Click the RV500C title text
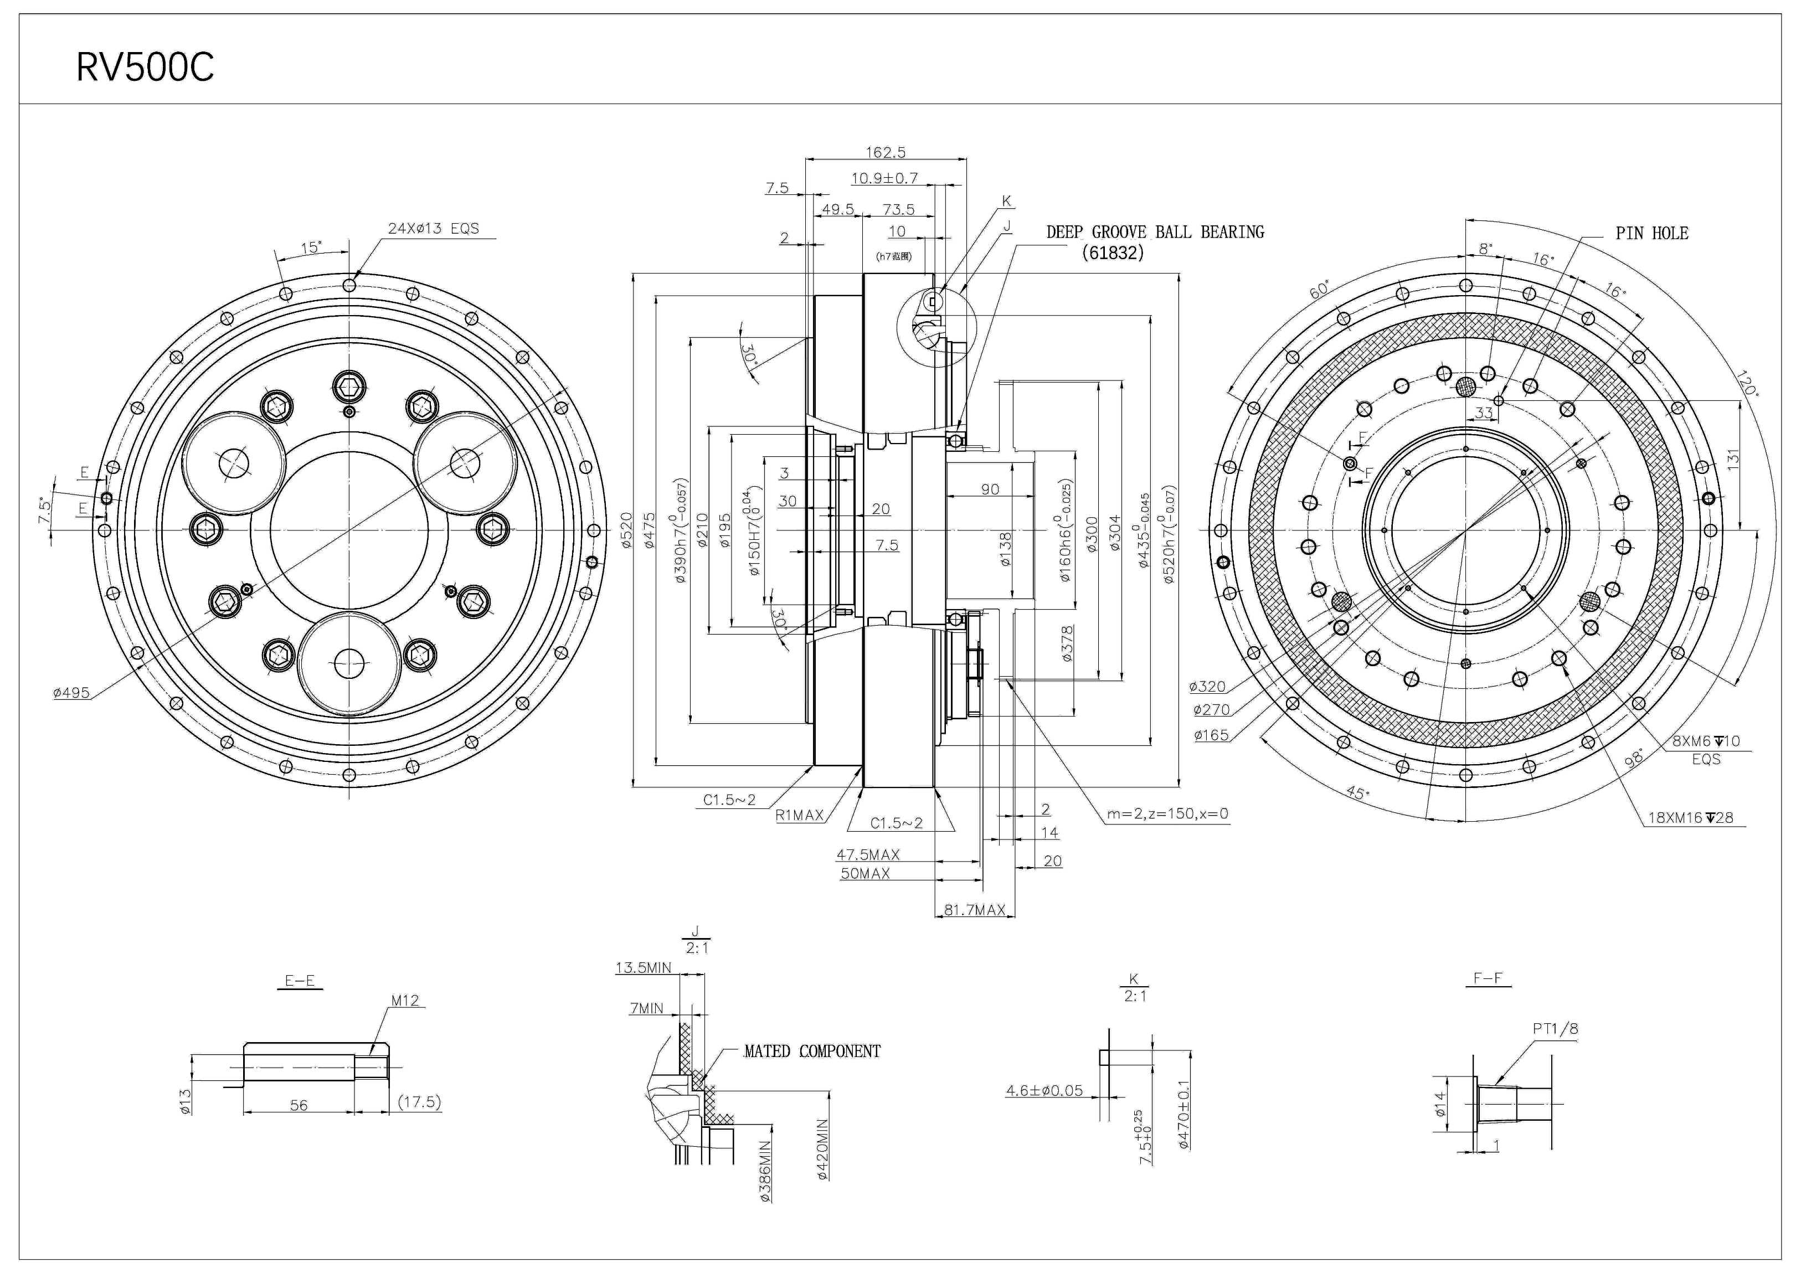pyautogui.click(x=145, y=68)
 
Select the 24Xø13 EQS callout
pyautogui.click(x=433, y=228)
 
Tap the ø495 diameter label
pyautogui.click(x=71, y=693)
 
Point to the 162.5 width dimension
pyautogui.click(x=886, y=152)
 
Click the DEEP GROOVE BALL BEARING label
pyautogui.click(x=1155, y=232)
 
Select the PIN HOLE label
pyautogui.click(x=1651, y=233)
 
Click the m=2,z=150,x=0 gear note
pyautogui.click(x=1167, y=814)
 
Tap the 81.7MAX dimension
pyautogui.click(x=974, y=910)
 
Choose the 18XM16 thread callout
pyautogui.click(x=1690, y=817)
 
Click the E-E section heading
pyautogui.click(x=300, y=981)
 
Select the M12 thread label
pyautogui.click(x=405, y=1000)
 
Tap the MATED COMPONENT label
pyautogui.click(x=812, y=1051)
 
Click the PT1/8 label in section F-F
pyautogui.click(x=1555, y=1028)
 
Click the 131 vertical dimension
pyautogui.click(x=1733, y=460)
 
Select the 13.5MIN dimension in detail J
pyautogui.click(x=643, y=968)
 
